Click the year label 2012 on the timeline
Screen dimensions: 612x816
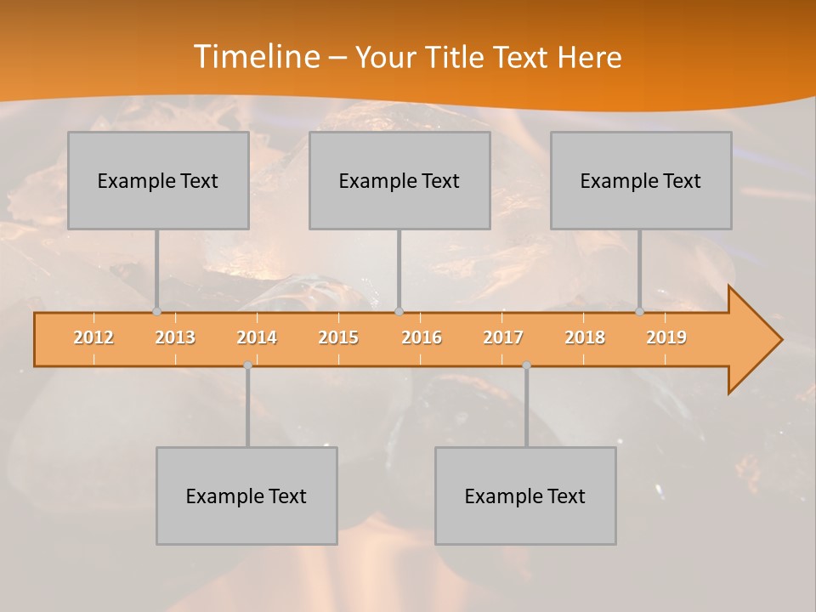pos(93,337)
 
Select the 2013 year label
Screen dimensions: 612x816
pos(175,337)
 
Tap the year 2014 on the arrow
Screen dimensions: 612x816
pos(257,337)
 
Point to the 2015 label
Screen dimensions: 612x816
pos(338,337)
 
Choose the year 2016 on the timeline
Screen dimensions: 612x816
pos(422,337)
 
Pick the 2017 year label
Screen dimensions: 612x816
pos(503,337)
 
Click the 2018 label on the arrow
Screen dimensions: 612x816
pos(585,337)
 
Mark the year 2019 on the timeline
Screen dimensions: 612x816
pos(666,337)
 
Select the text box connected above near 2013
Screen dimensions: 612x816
pos(158,180)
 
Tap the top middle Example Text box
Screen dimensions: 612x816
pos(399,180)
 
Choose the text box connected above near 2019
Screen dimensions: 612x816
pos(641,180)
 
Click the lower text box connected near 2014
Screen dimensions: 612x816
pos(246,496)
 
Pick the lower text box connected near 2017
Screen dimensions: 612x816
pos(525,496)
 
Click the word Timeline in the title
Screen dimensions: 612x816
pos(256,57)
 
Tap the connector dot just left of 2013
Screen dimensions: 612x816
pos(156,311)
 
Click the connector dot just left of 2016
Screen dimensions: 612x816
pos(399,311)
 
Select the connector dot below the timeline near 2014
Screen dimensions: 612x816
pos(247,365)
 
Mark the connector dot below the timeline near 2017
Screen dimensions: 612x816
pos(526,365)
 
